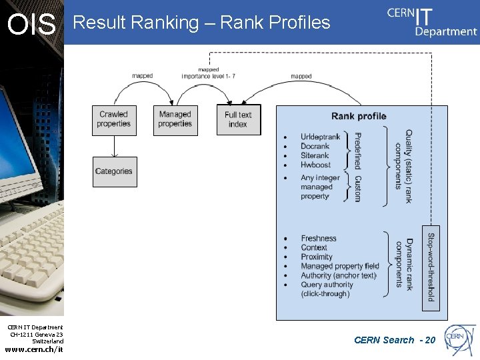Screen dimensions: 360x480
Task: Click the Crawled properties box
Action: (113, 120)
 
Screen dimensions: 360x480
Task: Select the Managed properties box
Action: (175, 120)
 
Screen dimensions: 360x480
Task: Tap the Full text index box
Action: (238, 120)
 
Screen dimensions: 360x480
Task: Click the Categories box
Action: (114, 171)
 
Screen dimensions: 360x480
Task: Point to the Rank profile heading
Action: (359, 116)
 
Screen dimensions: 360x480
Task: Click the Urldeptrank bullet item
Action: (320, 137)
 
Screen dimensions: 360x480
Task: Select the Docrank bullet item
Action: (315, 147)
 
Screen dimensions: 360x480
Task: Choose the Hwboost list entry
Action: (315, 165)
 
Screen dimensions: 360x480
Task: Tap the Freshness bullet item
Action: (319, 239)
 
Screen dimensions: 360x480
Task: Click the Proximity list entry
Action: (317, 257)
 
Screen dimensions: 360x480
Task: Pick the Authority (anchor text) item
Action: (339, 275)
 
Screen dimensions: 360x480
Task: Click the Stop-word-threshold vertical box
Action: (431, 266)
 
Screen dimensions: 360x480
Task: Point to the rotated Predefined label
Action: (357, 151)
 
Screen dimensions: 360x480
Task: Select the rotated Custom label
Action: (357, 189)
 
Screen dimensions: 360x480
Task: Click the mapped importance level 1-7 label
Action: (208, 73)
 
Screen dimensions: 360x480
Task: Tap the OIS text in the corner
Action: (31, 25)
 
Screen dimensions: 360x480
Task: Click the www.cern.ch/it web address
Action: (34, 349)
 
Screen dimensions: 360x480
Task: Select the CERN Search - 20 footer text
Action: (395, 340)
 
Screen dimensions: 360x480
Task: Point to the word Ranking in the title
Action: (167, 23)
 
